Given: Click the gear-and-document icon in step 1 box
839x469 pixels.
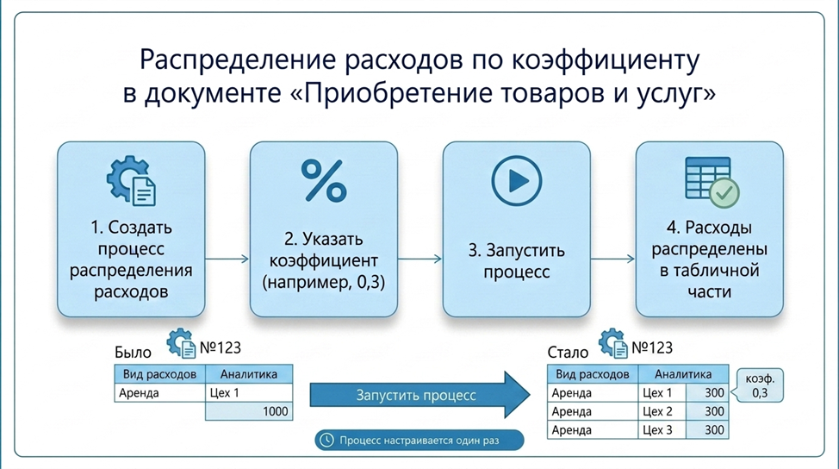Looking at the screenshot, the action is click(132, 181).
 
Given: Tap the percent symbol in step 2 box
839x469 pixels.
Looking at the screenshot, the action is click(324, 181).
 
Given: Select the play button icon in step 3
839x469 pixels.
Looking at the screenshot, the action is click(517, 181).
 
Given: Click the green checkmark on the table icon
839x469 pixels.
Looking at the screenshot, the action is click(724, 193).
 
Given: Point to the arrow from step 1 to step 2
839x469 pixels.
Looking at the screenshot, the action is click(227, 260).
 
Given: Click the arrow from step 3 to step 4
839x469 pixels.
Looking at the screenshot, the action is click(612, 260).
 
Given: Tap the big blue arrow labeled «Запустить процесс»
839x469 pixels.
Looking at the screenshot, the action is click(420, 395).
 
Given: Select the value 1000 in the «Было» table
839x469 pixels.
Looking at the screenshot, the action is click(276, 411).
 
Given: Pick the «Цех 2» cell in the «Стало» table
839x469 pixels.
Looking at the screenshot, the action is click(662, 411).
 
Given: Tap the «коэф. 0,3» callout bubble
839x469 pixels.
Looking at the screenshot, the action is click(759, 385).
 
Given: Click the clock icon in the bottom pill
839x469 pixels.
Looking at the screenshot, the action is click(326, 440).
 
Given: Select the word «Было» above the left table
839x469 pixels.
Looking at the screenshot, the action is click(133, 353).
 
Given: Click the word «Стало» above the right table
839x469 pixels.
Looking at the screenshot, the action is click(568, 353).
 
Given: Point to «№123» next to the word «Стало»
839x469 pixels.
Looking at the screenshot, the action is click(652, 348).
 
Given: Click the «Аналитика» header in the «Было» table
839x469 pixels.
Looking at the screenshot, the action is click(249, 373).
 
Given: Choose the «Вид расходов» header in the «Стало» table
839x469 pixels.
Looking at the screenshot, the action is click(593, 373).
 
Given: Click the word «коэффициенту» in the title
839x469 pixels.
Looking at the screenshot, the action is click(606, 60).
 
